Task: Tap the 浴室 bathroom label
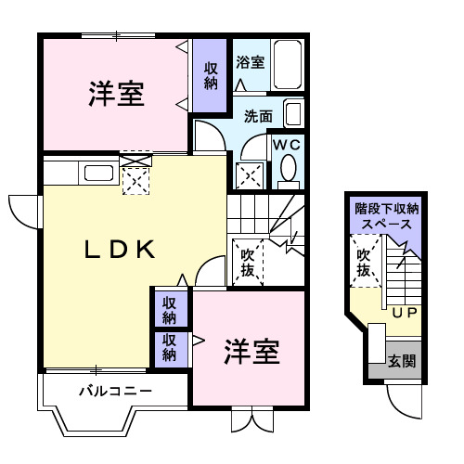pyautogui.click(x=250, y=63)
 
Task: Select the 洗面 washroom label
pyautogui.click(x=259, y=116)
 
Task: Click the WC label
pyautogui.click(x=287, y=145)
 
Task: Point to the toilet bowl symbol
pyautogui.click(x=288, y=169)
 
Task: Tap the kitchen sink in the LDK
pyautogui.click(x=96, y=173)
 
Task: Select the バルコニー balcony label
pyautogui.click(x=114, y=390)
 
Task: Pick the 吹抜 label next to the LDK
pyautogui.click(x=249, y=261)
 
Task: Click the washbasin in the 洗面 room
pyautogui.click(x=292, y=115)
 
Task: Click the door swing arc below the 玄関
pyautogui.click(x=402, y=402)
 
